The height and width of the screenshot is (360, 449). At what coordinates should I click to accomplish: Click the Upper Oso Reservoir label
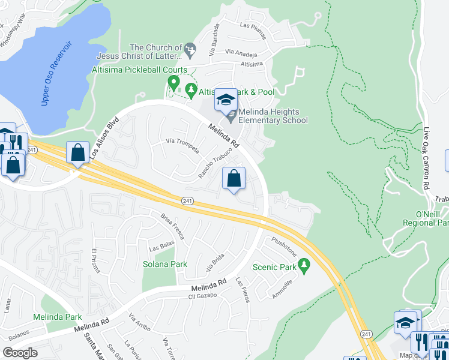pyautogui.click(x=57, y=74)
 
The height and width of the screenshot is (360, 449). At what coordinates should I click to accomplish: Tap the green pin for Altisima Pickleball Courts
pyautogui.click(x=174, y=82)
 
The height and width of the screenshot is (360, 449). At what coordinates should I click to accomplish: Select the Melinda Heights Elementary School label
pyautogui.click(x=273, y=116)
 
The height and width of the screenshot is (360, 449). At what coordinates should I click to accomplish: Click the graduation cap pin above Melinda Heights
pyautogui.click(x=226, y=100)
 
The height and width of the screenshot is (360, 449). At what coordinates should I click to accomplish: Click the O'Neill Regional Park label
pyautogui.click(x=424, y=219)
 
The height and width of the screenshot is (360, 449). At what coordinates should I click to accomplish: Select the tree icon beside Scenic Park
pyautogui.click(x=304, y=265)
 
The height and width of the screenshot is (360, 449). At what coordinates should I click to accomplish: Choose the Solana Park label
pyautogui.click(x=164, y=264)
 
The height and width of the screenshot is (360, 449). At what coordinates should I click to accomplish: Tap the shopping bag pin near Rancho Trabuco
pyautogui.click(x=234, y=178)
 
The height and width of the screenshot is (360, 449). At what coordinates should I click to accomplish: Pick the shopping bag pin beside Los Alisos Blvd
pyautogui.click(x=77, y=153)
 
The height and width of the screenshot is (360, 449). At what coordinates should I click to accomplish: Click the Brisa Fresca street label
pyautogui.click(x=172, y=227)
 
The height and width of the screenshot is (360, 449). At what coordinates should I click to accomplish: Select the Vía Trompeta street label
pyautogui.click(x=182, y=145)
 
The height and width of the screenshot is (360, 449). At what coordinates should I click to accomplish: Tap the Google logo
pyautogui.click(x=20, y=352)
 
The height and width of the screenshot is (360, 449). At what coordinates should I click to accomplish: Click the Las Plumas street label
pyautogui.click(x=252, y=25)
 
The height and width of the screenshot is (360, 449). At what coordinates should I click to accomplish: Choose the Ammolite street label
pyautogui.click(x=282, y=289)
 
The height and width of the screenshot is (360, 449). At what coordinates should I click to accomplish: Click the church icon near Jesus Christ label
pyautogui.click(x=190, y=48)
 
